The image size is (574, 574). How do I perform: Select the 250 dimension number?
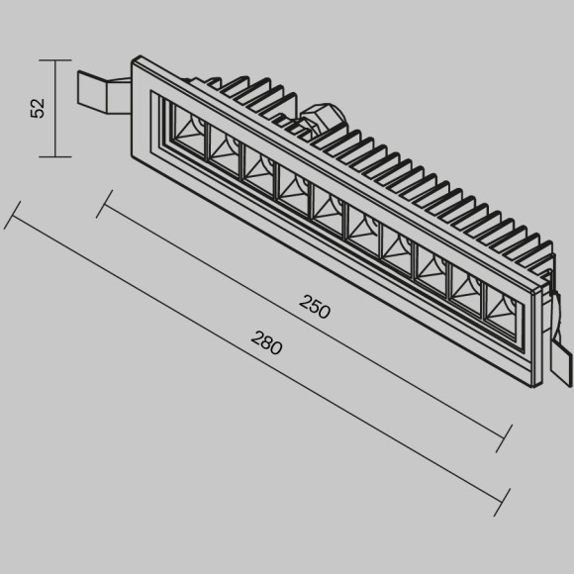coord(315,308)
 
